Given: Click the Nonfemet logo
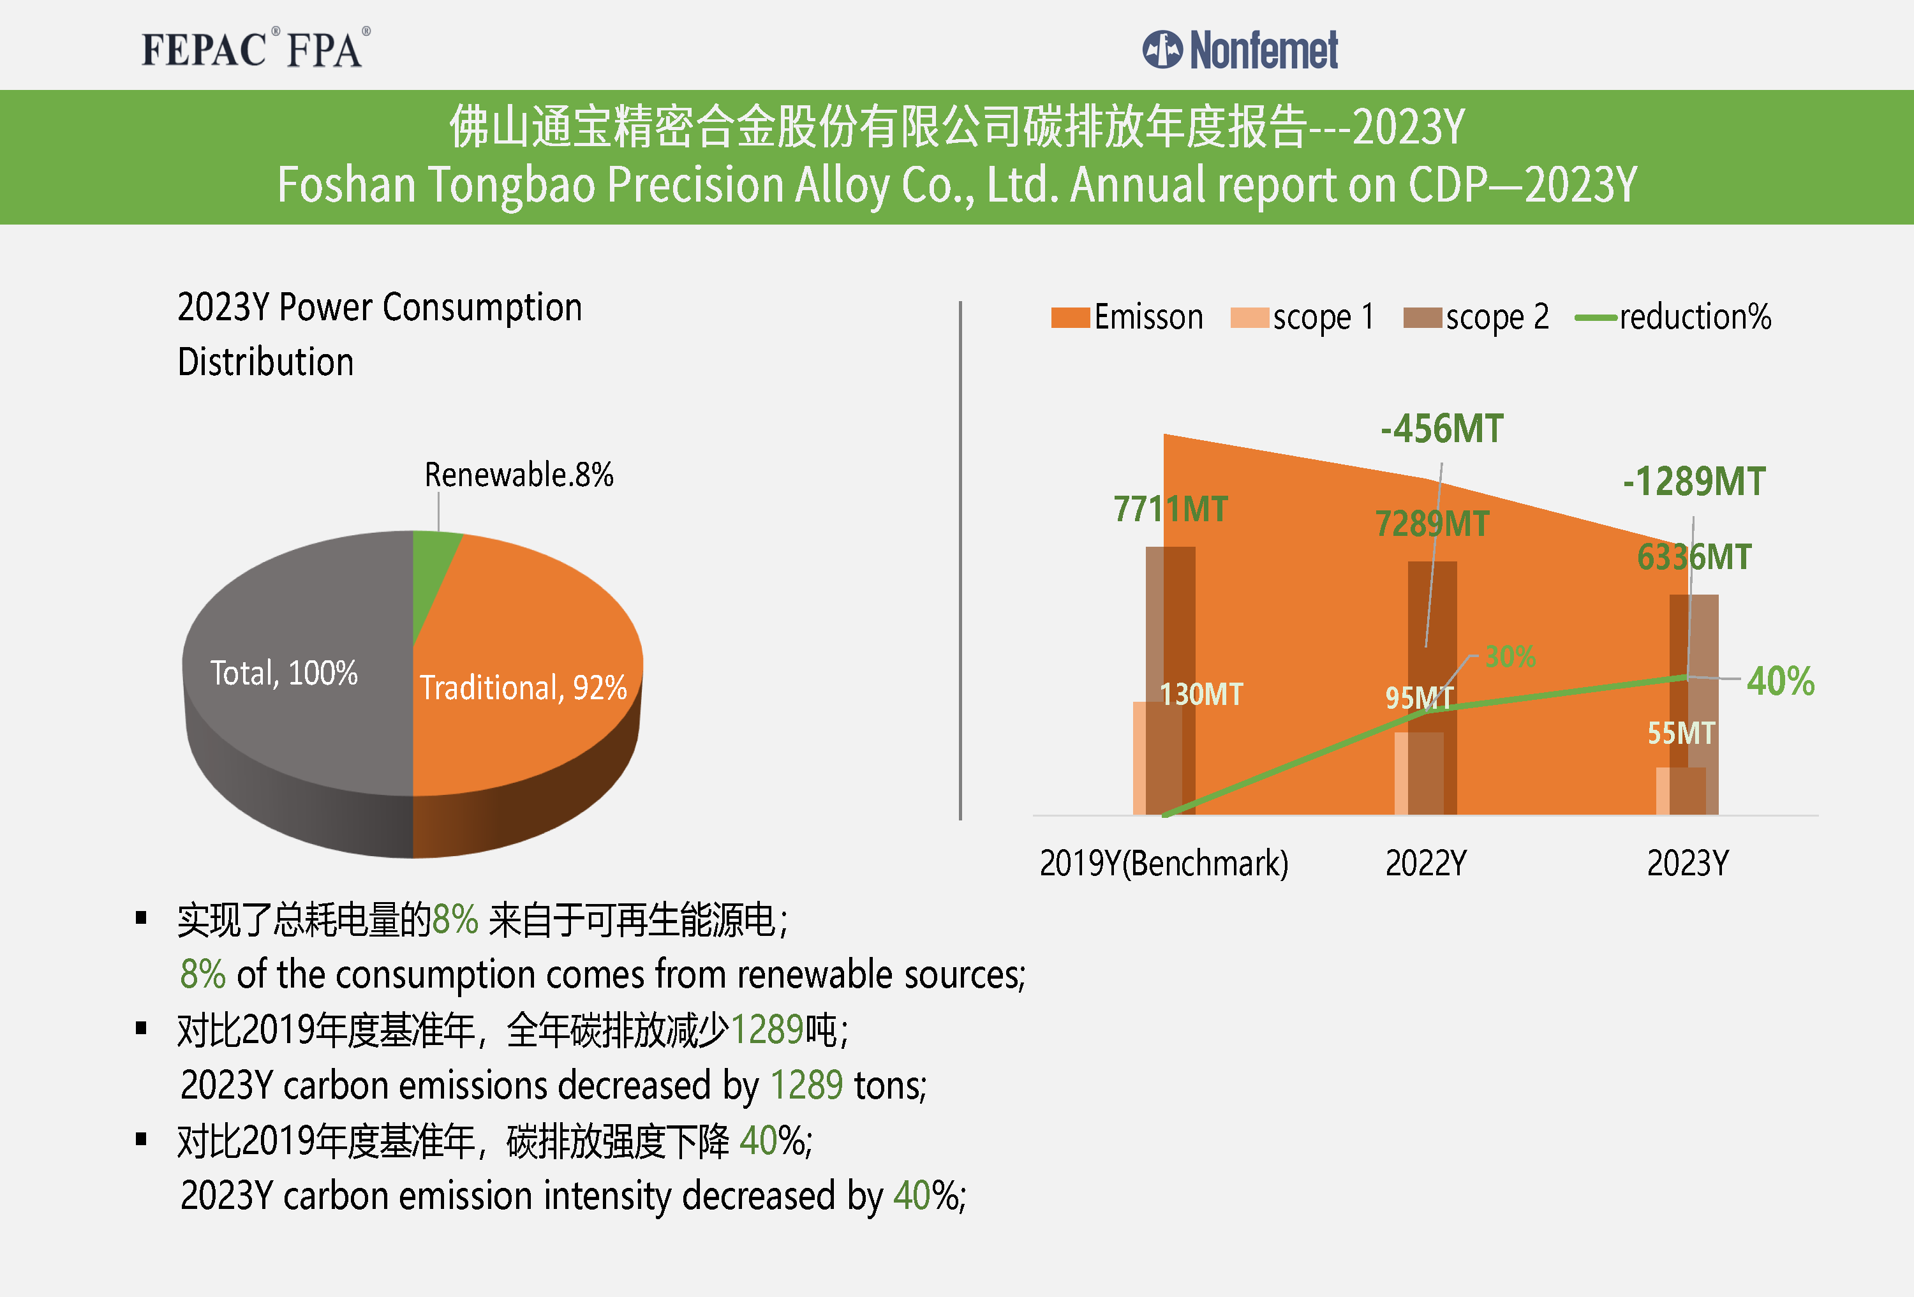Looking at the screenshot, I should pyautogui.click(x=1240, y=49).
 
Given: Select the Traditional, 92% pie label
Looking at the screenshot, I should pyautogui.click(x=523, y=688).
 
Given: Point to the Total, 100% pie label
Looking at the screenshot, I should pyautogui.click(x=283, y=673).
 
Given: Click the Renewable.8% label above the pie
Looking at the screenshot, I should pyautogui.click(x=518, y=475).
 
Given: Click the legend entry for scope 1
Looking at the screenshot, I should pyautogui.click(x=1303, y=317).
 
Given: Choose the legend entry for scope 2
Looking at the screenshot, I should pyautogui.click(x=1476, y=317).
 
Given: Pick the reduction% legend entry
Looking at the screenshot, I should pyautogui.click(x=1673, y=317).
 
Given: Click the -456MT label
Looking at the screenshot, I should pyautogui.click(x=1441, y=429).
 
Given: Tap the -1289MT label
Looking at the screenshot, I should pyautogui.click(x=1693, y=482).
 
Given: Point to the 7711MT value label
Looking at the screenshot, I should pyautogui.click(x=1169, y=509).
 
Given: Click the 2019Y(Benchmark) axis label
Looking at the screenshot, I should pyautogui.click(x=1163, y=863).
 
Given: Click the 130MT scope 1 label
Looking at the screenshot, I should pyautogui.click(x=1201, y=694).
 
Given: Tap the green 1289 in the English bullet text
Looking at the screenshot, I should pyautogui.click(x=806, y=1085).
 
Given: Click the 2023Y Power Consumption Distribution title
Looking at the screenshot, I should pyautogui.click(x=379, y=334).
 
